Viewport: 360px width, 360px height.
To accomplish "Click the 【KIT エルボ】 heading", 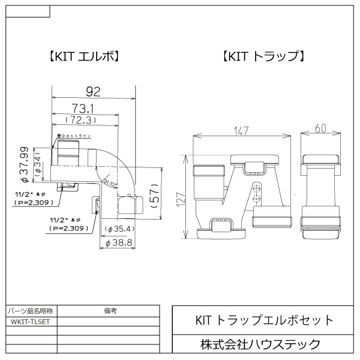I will tap(84, 57).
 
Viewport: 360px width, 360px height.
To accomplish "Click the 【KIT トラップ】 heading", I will tap(265, 57).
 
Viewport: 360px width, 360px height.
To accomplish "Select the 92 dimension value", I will tap(93, 91).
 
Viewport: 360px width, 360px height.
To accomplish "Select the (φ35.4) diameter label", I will tap(118, 229).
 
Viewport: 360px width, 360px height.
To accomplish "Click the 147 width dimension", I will tap(241, 130).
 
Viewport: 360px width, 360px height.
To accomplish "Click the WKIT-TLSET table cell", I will tap(31, 322).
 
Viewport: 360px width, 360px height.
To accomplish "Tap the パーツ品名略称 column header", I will tap(31, 311).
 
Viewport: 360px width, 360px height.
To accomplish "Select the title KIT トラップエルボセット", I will tap(265, 320).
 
